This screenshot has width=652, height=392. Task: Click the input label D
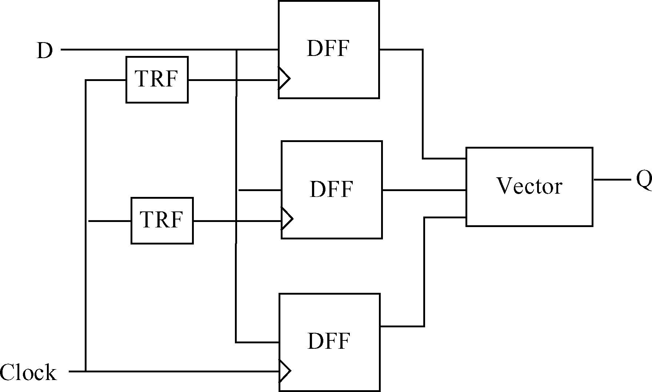click(45, 50)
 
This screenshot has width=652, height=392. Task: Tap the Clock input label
click(28, 372)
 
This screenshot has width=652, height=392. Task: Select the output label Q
click(644, 180)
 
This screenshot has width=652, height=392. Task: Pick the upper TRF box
click(157, 94)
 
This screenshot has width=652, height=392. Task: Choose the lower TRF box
click(162, 236)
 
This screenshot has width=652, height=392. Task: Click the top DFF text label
click(328, 48)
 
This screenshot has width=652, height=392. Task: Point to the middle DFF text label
click(331, 189)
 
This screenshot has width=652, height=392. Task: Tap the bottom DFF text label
click(329, 341)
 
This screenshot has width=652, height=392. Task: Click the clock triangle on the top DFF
click(284, 78)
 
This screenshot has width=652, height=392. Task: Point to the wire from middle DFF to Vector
click(424, 190)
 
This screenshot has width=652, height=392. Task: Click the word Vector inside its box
click(529, 186)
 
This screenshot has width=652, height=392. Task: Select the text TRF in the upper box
click(157, 78)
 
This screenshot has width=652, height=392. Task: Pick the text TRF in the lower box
click(161, 219)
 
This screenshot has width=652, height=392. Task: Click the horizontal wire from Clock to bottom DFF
click(182, 371)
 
